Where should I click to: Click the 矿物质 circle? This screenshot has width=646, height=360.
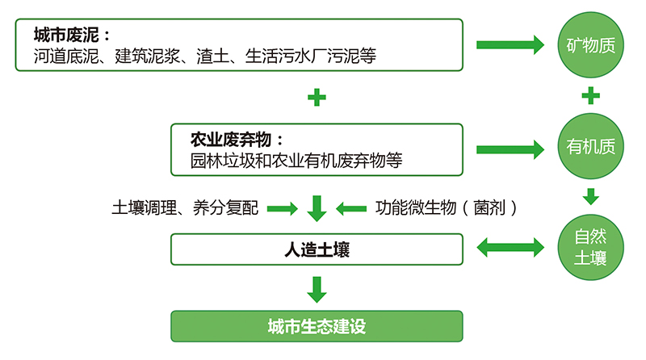[x=590, y=45]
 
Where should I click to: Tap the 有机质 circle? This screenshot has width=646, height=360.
[x=590, y=146]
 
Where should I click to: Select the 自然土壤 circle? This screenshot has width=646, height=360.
[x=590, y=248]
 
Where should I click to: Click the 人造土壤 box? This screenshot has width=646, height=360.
[x=317, y=249]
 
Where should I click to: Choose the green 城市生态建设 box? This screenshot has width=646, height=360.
[x=317, y=326]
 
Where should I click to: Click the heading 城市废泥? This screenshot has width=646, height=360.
[x=66, y=35]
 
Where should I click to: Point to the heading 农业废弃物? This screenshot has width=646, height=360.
[x=231, y=140]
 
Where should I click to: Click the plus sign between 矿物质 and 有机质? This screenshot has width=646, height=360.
[x=590, y=95]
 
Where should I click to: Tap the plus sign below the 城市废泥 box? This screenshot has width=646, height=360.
[x=317, y=98]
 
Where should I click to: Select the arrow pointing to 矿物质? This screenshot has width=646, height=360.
[x=510, y=45]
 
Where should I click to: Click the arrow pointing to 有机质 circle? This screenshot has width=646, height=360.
[x=510, y=149]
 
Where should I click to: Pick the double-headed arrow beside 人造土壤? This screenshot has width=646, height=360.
[x=510, y=248]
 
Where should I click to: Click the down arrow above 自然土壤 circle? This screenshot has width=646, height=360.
[x=591, y=196]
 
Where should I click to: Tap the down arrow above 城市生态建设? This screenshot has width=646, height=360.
[x=317, y=290]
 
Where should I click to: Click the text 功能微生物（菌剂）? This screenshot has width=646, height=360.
[x=447, y=207]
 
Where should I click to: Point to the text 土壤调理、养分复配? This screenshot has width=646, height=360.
[x=185, y=207]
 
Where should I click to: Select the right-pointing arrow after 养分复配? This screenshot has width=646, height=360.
[x=282, y=208]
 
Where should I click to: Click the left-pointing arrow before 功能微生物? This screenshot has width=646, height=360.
[x=351, y=208]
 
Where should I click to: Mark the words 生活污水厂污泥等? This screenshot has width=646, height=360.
[x=311, y=56]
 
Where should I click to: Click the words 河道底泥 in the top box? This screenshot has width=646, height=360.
[x=66, y=56]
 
